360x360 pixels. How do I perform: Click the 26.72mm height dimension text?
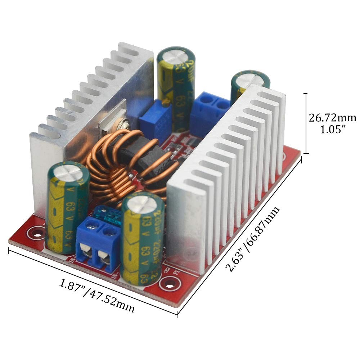[x=332, y=118]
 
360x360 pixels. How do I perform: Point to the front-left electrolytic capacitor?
[x=68, y=207]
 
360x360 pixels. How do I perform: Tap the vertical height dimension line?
[x=306, y=123]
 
